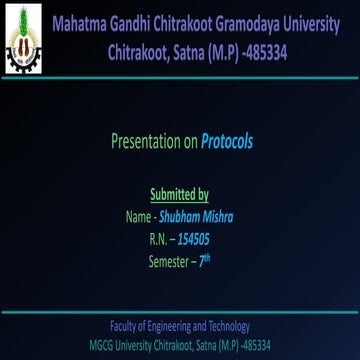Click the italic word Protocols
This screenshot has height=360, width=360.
pos(227,141)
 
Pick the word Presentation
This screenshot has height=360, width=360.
pos(144,141)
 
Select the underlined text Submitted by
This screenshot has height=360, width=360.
pos(179,194)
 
